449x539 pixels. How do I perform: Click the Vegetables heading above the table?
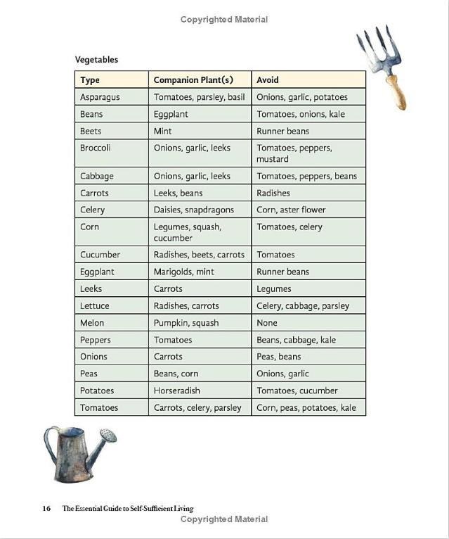click(97, 60)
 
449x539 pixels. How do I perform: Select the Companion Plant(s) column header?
click(193, 80)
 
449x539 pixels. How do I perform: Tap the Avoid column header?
click(268, 80)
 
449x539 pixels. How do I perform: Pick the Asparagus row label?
click(100, 97)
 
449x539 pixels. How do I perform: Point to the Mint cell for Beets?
click(162, 131)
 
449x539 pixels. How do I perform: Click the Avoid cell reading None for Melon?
click(267, 323)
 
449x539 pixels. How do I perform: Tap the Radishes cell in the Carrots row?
click(273, 193)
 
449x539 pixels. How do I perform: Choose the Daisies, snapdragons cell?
click(194, 210)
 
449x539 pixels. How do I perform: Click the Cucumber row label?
click(100, 255)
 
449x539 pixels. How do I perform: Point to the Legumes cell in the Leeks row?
click(274, 288)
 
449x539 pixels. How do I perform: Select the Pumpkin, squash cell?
click(186, 323)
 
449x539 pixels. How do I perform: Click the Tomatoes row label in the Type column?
click(99, 407)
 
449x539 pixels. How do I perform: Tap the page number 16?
click(46, 508)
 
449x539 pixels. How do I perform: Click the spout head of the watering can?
click(108, 436)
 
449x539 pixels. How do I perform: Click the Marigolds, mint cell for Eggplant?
click(184, 272)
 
